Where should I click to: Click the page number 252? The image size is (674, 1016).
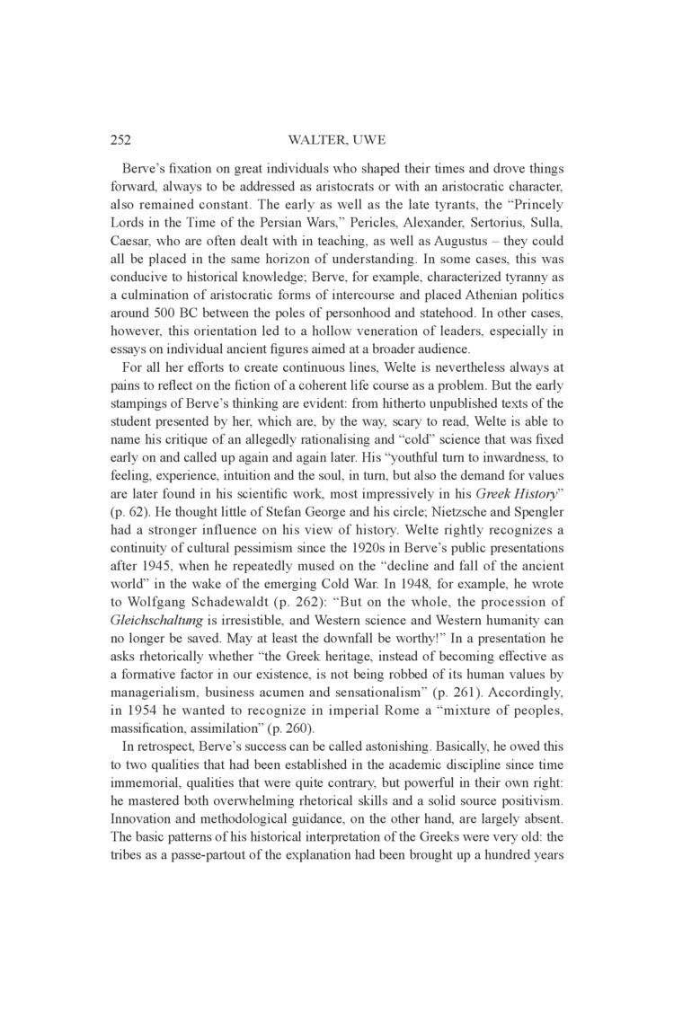(120, 140)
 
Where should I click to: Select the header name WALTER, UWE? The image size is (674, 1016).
(336, 140)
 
